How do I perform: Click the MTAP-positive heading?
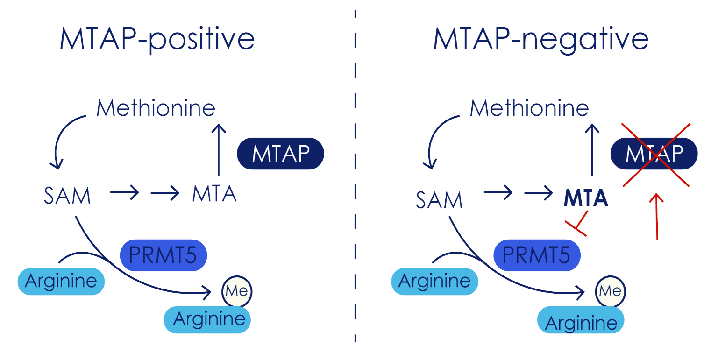click(x=157, y=40)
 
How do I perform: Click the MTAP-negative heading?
click(x=540, y=40)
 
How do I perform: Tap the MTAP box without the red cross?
click(x=280, y=154)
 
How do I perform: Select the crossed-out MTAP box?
click(x=654, y=154)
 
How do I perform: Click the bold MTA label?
click(x=586, y=198)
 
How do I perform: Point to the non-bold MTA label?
click(x=214, y=194)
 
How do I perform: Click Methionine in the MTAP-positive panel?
click(x=156, y=108)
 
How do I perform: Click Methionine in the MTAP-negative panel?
click(x=529, y=108)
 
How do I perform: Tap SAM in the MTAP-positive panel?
click(x=67, y=197)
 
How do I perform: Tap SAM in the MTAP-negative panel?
click(x=439, y=200)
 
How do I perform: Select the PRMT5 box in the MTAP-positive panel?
click(x=164, y=255)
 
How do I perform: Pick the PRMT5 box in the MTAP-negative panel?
click(x=537, y=255)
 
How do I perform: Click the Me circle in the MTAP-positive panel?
click(x=237, y=291)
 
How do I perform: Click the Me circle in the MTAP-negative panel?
click(x=611, y=291)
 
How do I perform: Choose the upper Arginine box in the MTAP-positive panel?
click(x=61, y=282)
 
